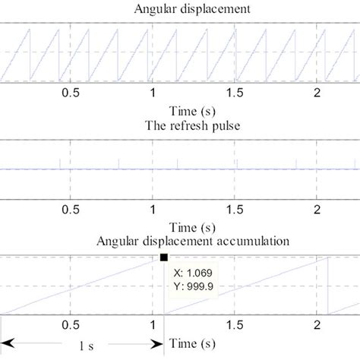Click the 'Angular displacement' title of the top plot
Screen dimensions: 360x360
tap(180, 10)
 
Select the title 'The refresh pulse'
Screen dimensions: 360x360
tap(180, 126)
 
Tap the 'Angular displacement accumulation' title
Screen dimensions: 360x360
tap(179, 242)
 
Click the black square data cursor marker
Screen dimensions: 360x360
tap(165, 258)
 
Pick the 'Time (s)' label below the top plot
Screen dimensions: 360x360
tap(180, 112)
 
